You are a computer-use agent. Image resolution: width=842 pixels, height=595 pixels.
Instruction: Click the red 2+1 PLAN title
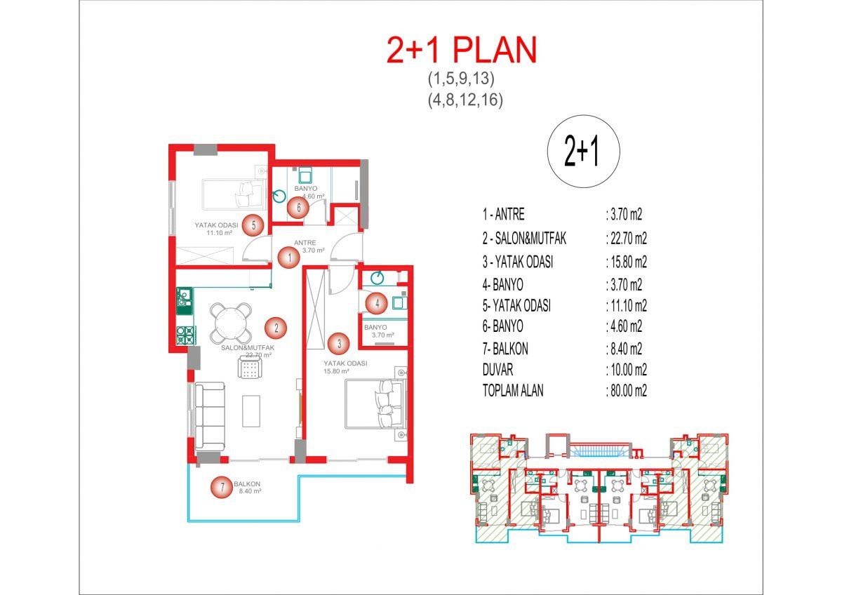tap(462, 51)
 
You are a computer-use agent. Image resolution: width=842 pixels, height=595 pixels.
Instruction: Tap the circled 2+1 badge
tap(583, 152)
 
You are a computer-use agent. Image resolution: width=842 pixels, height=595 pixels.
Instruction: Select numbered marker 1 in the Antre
tap(289, 258)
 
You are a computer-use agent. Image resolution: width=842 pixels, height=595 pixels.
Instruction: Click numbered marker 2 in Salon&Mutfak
tap(276, 328)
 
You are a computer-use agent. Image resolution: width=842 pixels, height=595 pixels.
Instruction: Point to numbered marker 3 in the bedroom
tap(339, 343)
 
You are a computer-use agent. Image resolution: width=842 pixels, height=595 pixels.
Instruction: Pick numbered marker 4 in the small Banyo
tap(377, 303)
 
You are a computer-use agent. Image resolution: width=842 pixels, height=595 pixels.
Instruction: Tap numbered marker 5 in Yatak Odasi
tap(253, 225)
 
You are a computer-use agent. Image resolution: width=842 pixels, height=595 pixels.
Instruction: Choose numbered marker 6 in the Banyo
tap(298, 208)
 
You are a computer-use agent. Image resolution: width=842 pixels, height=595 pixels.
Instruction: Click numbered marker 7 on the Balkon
tap(222, 487)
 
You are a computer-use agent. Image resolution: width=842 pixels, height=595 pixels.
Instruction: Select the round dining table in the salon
tap(231, 323)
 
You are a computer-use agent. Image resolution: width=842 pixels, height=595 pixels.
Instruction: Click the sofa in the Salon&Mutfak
tap(209, 416)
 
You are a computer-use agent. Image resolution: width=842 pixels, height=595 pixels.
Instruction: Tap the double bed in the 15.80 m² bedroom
tap(376, 403)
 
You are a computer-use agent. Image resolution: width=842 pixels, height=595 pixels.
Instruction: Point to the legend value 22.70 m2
tap(626, 239)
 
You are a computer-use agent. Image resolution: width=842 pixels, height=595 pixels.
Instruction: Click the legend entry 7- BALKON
tap(505, 349)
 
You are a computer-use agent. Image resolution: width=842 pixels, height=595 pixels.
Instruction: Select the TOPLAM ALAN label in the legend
tap(513, 391)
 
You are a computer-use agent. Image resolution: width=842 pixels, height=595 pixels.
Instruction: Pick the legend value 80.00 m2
tap(626, 391)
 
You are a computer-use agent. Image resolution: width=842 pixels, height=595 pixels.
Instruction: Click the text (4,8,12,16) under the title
tap(465, 100)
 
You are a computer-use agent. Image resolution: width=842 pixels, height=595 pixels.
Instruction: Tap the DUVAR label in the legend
tap(497, 370)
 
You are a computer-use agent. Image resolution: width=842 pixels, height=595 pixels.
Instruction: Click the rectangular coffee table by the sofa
tap(251, 411)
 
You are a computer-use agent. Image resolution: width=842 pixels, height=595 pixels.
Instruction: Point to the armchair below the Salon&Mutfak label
tap(250, 368)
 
